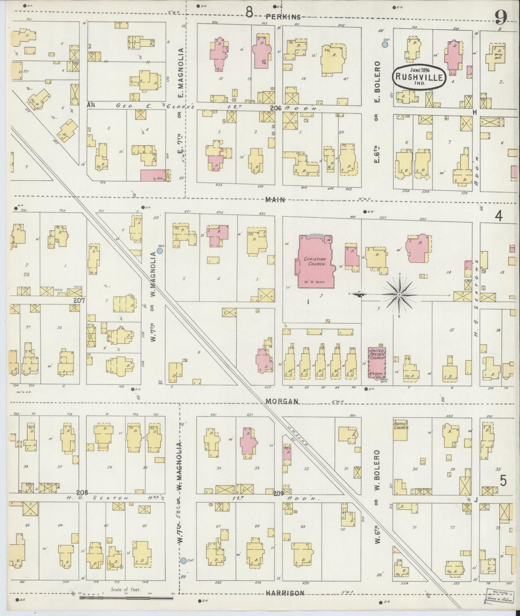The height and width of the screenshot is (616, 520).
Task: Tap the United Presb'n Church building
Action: click(377, 363)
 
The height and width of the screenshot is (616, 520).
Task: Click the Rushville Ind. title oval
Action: click(420, 76)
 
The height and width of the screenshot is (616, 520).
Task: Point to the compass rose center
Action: click(399, 295)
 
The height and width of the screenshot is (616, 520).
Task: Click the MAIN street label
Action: click(275, 199)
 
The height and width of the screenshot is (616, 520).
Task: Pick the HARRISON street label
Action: click(285, 593)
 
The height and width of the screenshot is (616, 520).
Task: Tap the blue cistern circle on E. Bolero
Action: click(385, 45)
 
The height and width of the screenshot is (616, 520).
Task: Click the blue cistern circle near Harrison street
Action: click(184, 570)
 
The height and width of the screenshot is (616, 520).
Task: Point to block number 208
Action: click(82, 492)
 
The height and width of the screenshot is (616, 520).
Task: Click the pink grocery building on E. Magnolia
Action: click(154, 175)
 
